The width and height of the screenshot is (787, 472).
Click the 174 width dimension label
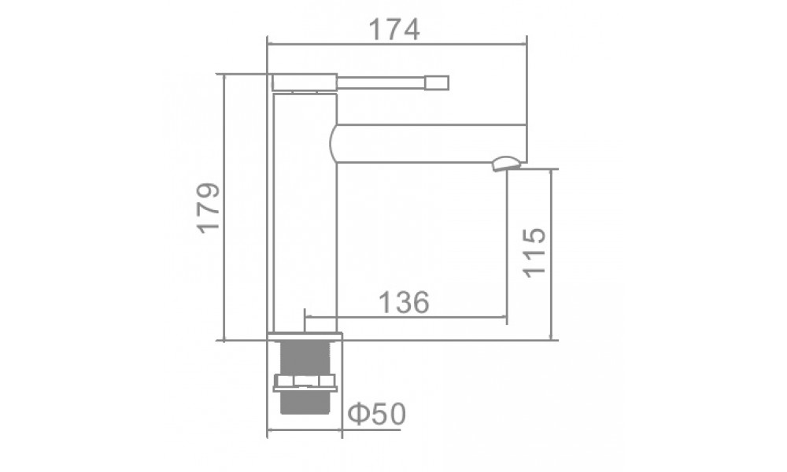(394, 30)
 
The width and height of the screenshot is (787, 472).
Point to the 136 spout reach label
(404, 302)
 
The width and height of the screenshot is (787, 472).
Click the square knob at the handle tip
(437, 83)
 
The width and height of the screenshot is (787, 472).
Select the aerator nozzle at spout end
(508, 164)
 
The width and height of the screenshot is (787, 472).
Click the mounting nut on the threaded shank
(305, 383)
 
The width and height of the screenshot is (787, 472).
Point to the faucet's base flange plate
(305, 336)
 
